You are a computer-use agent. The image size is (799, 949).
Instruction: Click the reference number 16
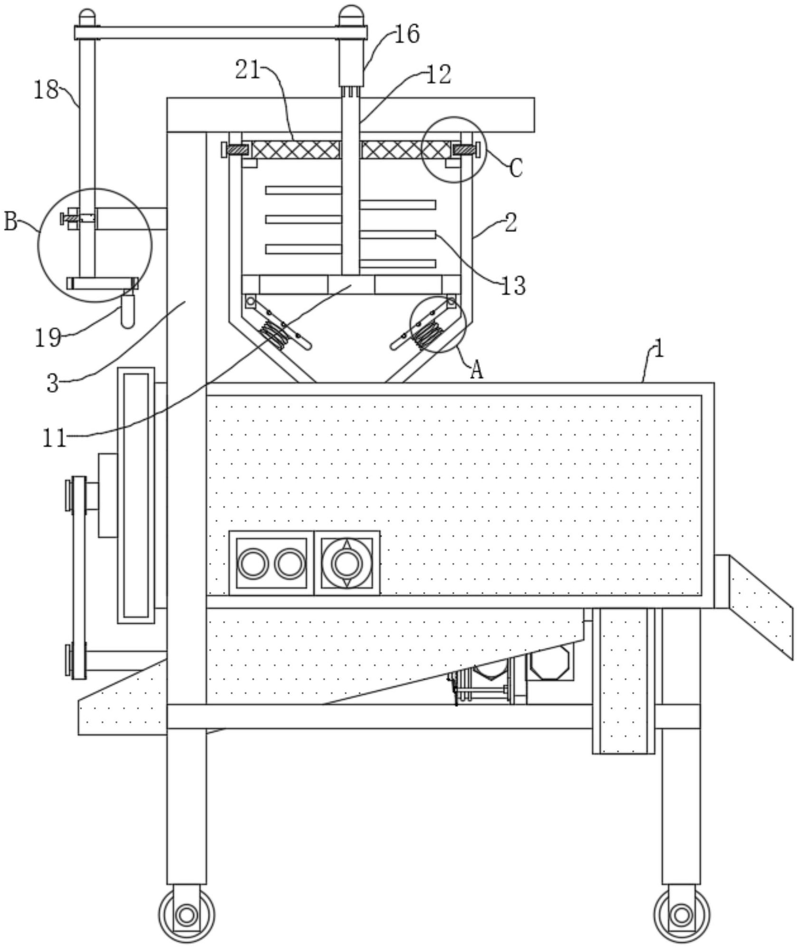pos(407,34)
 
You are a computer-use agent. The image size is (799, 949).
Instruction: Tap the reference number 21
pos(248,70)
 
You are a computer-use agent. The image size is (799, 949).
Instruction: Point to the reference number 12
pos(438,75)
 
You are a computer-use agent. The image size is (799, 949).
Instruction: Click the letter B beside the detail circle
pos(11,221)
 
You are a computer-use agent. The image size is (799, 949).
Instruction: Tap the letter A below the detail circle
pos(477,370)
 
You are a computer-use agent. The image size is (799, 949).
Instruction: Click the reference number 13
pos(513,286)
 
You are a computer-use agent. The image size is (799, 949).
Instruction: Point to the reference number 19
pos(48,338)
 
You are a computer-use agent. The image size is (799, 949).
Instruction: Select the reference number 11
pos(54,438)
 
